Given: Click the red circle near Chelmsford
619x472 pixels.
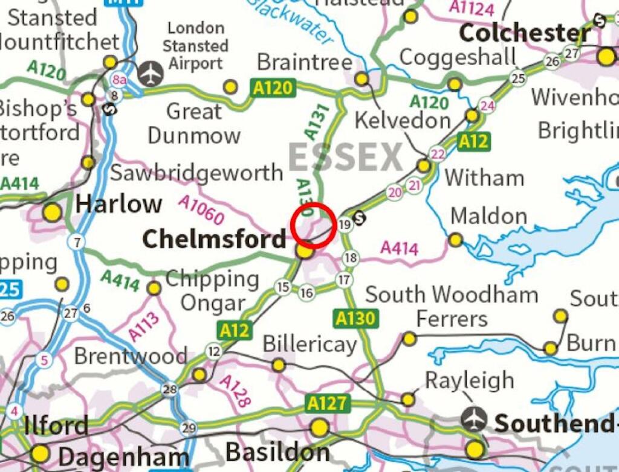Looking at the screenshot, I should [x=313, y=225].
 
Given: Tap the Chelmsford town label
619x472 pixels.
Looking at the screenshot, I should [x=214, y=240].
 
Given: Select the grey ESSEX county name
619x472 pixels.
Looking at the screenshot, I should [x=345, y=157].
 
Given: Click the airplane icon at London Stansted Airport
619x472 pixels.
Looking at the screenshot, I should [x=151, y=74].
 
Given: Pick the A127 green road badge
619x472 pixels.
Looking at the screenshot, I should [x=326, y=403].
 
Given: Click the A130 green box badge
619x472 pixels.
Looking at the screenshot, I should [x=355, y=318].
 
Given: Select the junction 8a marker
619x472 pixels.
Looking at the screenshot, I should [x=120, y=78].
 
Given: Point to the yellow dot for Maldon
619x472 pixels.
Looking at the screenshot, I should [x=456, y=240].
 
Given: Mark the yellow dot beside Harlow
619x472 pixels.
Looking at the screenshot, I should [x=53, y=212].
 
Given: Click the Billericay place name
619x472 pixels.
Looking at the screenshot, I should [x=309, y=345].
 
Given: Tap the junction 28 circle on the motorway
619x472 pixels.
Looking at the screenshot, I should [x=170, y=390].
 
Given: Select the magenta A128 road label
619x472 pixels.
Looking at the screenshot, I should [x=235, y=391].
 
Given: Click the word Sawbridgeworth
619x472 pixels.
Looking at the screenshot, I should [x=196, y=173].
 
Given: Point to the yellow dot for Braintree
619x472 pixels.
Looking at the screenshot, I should [x=361, y=79].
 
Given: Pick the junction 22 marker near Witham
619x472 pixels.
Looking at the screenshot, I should [x=437, y=154].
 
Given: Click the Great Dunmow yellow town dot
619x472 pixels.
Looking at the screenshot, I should [x=230, y=87].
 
